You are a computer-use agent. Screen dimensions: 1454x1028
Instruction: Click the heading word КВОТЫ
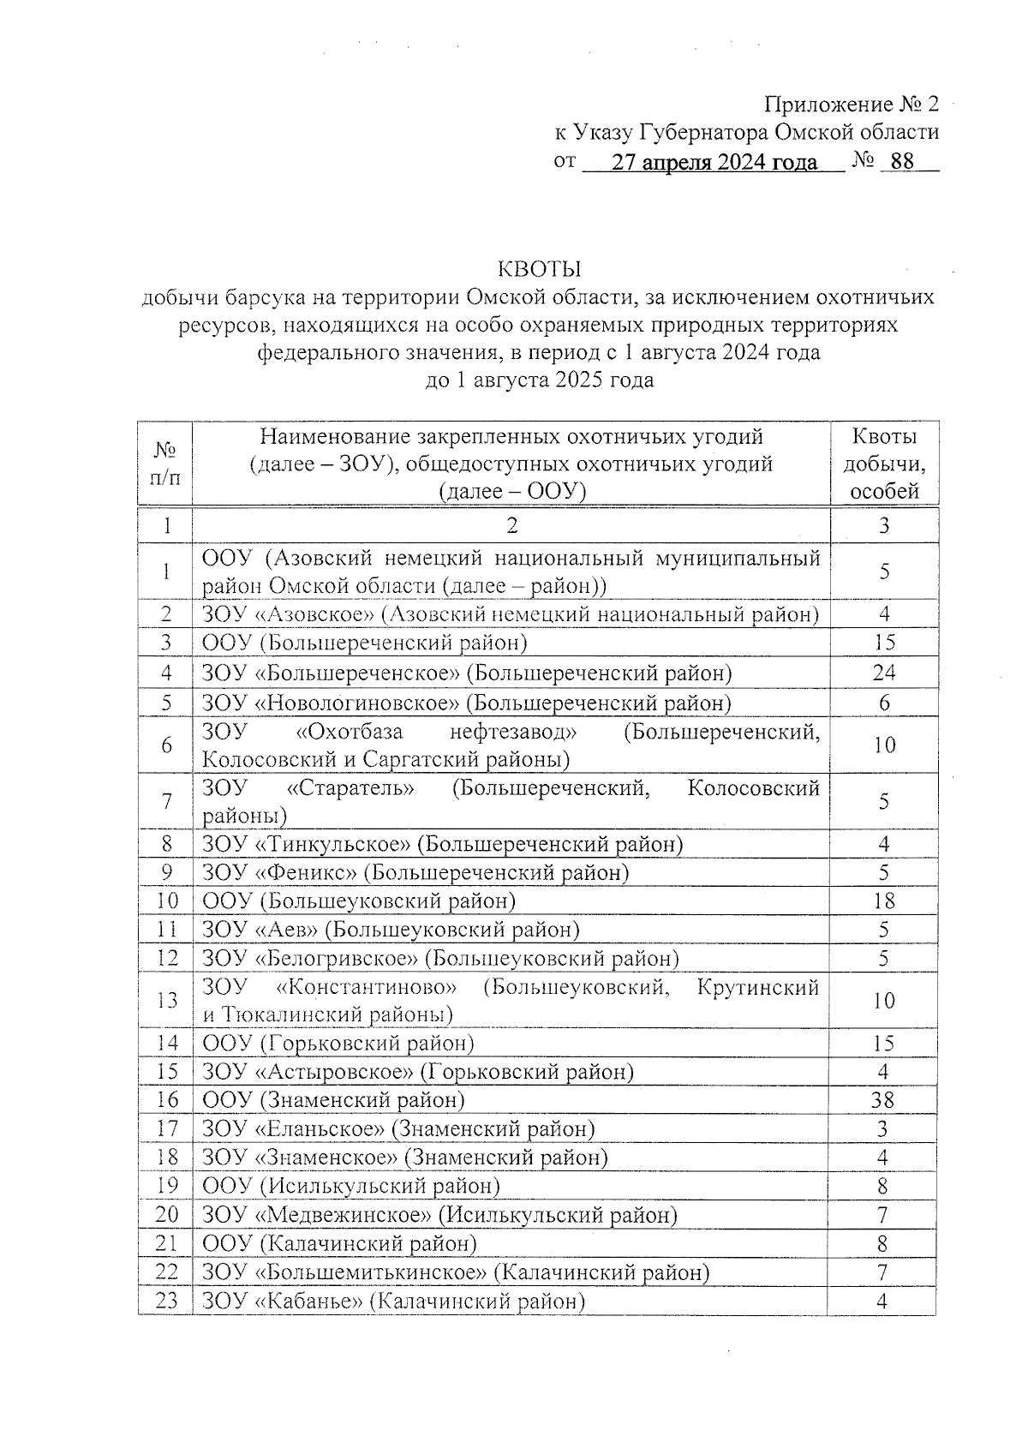click(540, 269)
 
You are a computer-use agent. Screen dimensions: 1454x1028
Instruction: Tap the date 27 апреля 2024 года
click(714, 162)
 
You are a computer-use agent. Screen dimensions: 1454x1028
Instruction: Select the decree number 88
click(902, 162)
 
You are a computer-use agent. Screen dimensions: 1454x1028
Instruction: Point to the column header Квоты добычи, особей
click(884, 464)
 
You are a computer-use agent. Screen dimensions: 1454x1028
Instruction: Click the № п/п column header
click(165, 464)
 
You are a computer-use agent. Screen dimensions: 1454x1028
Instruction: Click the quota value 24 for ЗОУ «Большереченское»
click(884, 673)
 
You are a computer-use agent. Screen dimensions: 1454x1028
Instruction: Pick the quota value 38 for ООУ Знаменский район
click(883, 1099)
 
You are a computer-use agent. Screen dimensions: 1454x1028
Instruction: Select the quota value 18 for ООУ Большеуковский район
click(884, 901)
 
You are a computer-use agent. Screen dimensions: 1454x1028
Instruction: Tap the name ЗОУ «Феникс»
click(280, 872)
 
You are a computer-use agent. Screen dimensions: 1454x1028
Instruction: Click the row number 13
click(166, 1000)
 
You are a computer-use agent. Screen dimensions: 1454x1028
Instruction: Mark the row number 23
click(166, 1301)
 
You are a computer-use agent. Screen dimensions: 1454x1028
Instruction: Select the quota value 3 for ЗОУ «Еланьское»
click(883, 1128)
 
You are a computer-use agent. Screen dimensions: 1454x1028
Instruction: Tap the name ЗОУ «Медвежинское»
click(317, 1214)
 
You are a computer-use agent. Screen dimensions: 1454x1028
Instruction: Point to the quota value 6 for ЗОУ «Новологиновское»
click(884, 703)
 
